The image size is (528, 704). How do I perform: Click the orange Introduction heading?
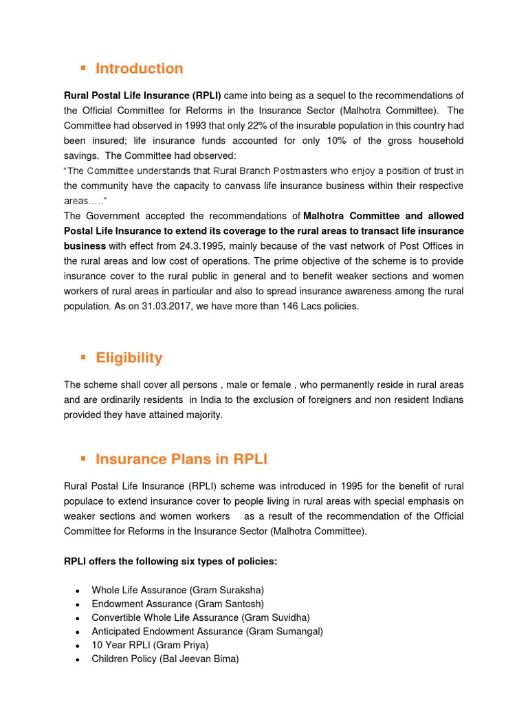139,69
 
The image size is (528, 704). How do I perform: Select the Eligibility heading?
129,357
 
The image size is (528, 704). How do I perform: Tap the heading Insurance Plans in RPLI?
181,459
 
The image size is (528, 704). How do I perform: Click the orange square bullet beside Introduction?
83,67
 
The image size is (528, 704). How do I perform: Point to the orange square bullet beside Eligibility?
83,356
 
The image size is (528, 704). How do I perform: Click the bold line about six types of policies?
170,562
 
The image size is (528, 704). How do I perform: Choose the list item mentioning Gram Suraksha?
178,591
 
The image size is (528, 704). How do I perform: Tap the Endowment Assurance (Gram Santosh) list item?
177,604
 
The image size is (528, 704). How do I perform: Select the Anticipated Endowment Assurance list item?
207,631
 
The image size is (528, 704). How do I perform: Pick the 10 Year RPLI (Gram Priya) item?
150,645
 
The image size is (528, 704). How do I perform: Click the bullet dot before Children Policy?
78,659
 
